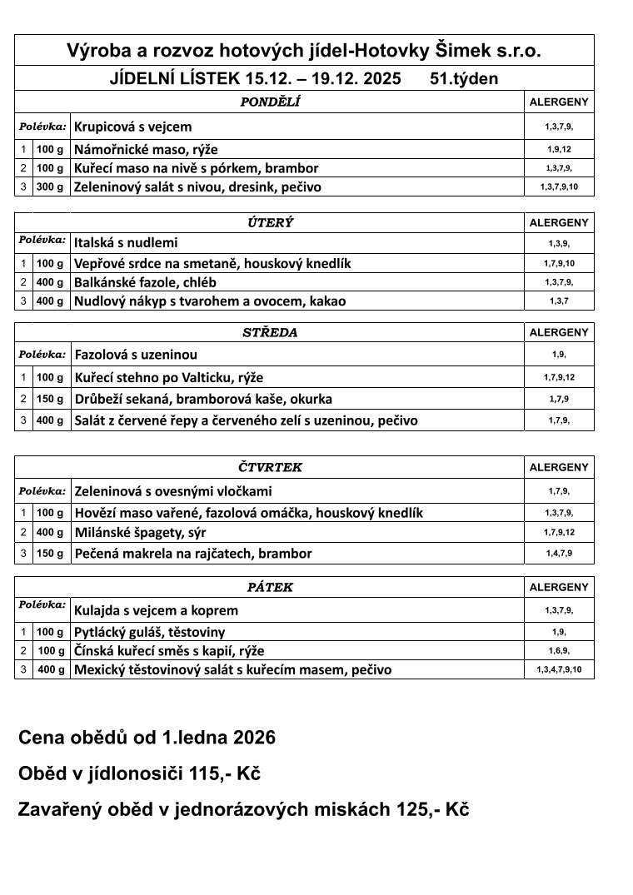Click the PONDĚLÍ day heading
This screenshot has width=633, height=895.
tap(270, 102)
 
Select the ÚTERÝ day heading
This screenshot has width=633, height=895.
tap(270, 223)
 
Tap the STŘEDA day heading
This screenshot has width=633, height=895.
tap(270, 332)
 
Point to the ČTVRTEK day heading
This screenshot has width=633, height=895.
tap(270, 467)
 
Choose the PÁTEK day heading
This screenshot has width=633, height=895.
tap(270, 587)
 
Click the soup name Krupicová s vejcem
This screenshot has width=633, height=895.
tap(133, 127)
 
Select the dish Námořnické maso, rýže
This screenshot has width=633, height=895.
tap(146, 150)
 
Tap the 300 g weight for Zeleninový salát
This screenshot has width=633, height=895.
tap(50, 186)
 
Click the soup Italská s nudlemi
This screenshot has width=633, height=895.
tap(126, 243)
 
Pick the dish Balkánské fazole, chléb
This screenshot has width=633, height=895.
tap(145, 282)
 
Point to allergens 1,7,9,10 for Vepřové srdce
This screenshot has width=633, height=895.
tap(559, 263)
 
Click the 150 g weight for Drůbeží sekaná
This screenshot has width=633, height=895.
tap(50, 399)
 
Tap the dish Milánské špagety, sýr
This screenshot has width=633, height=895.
tap(141, 532)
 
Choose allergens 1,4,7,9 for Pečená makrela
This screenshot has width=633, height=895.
tap(559, 553)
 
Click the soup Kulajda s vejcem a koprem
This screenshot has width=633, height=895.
tap(157, 610)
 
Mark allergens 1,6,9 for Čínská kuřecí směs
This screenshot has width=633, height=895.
tap(559, 650)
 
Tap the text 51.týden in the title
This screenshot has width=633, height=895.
tap(464, 79)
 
